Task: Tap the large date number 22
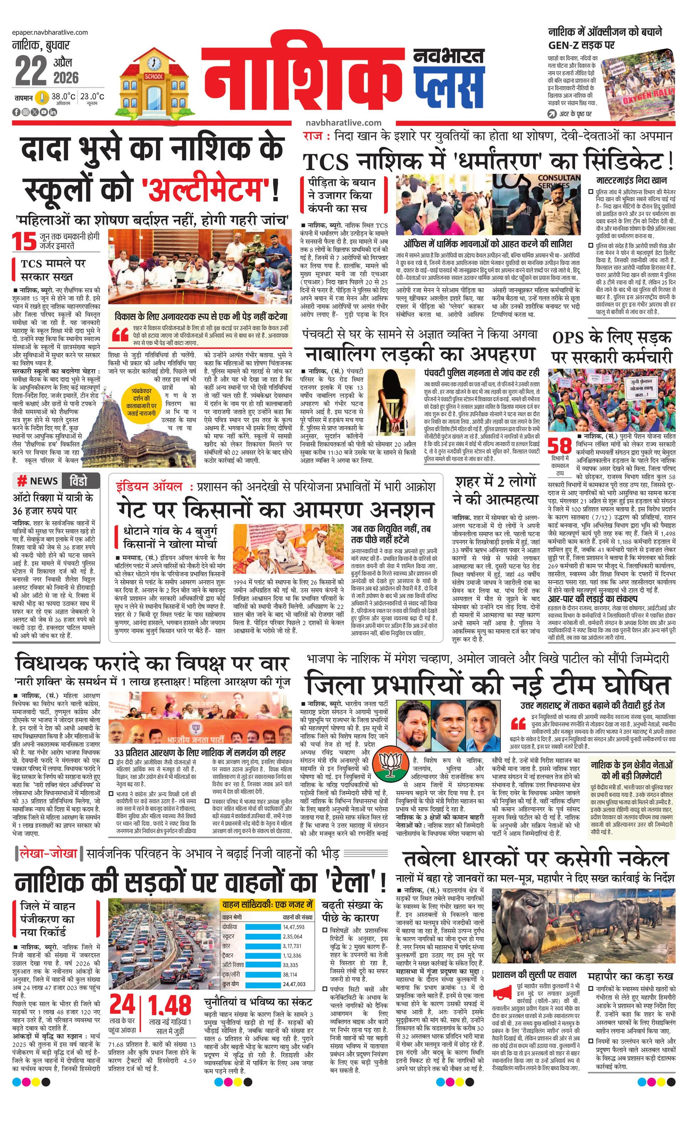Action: click(x=31, y=70)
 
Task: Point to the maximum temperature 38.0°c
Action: click(x=63, y=97)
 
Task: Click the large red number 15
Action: click(x=24, y=241)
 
